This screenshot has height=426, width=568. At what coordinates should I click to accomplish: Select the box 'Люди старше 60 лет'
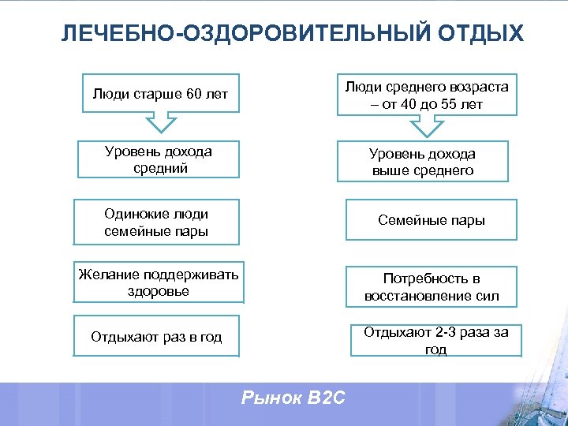[x=160, y=95]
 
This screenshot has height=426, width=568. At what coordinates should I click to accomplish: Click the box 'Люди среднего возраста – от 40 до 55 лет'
[x=427, y=95]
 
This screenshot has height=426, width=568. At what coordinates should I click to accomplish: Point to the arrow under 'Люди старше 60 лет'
[x=161, y=123]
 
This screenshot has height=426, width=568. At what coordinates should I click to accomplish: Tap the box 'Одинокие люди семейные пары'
[x=155, y=222]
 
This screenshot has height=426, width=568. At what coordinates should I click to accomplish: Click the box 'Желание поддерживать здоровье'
[x=158, y=282]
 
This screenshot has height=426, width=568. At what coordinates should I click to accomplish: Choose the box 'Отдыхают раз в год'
[x=156, y=337]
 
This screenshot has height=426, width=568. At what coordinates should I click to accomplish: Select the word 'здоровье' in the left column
[x=158, y=291]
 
